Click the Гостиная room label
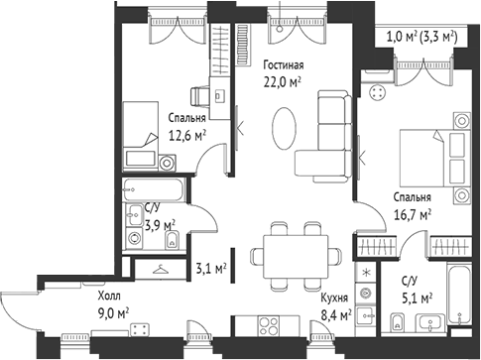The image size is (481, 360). pos(284,65)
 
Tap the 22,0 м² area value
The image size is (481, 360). pos(282,82)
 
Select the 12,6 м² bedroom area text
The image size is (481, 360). pos(187,135)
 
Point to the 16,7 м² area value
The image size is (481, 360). pos(413,215)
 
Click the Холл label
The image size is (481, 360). pos(109,296)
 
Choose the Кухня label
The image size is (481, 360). pos(334,298)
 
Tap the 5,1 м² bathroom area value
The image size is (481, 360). pos(418,299)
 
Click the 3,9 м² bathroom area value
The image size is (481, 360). pos(160,225)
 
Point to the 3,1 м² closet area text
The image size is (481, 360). pos(211,269)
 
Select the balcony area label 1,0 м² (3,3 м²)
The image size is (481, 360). pos(422,37)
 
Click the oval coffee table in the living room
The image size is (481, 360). pos(284,128)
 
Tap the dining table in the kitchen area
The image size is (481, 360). pos(296,257)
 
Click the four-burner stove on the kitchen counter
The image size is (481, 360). pos(268,326)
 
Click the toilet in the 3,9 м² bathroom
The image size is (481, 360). pos(172,240)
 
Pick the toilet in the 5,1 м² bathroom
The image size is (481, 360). pos(397,322)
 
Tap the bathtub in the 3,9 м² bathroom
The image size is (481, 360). pos(154,189)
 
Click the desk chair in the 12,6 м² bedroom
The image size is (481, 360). pos(199,96)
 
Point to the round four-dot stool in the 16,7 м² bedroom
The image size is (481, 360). pos(377,92)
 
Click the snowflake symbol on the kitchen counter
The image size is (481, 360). pos(366,273)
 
